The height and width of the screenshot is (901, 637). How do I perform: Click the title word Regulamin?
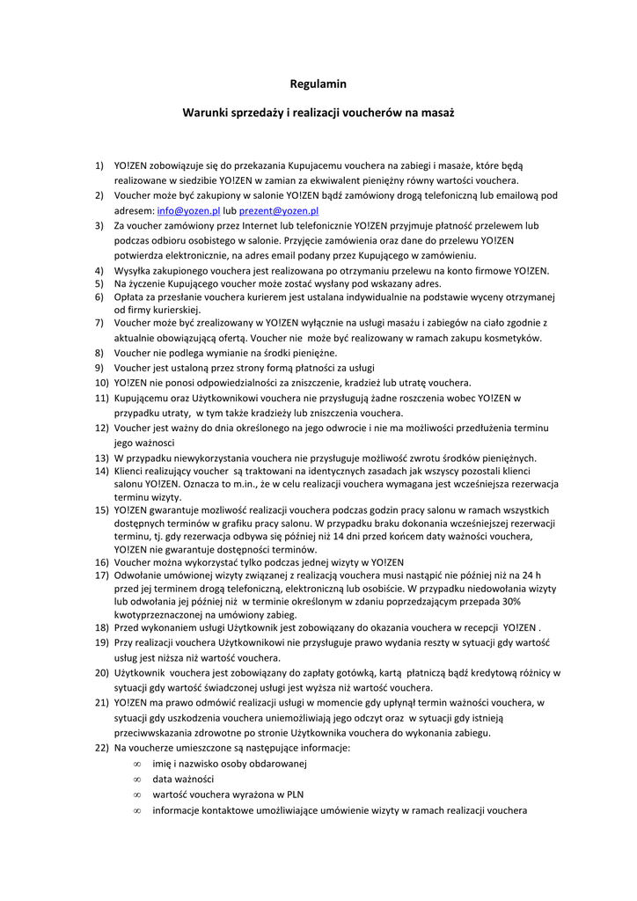coord(318,84)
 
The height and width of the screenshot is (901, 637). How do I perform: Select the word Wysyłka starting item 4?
coord(135,270)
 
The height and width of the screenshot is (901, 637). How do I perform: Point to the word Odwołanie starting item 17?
coord(139,575)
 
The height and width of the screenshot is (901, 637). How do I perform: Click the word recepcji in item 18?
coord(477,627)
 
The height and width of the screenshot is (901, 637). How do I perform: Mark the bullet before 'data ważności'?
coord(137,780)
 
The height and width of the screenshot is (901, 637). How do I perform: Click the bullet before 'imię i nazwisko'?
coord(137,764)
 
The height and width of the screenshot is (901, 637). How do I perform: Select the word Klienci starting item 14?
coord(132,471)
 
